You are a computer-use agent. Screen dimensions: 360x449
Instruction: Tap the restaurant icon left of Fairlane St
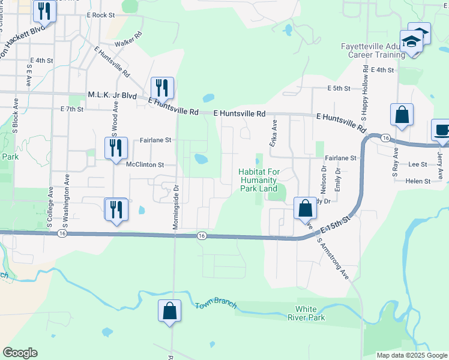116,148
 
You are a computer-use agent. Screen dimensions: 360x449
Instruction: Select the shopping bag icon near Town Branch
169,311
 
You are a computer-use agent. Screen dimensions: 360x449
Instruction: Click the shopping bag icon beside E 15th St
305,208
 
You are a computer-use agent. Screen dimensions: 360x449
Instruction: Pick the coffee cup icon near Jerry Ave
441,130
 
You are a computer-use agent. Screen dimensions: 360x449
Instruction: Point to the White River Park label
306,313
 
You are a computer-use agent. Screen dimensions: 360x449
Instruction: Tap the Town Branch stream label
215,305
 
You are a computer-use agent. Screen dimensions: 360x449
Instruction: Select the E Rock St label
100,14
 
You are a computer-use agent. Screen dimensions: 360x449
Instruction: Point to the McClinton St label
145,164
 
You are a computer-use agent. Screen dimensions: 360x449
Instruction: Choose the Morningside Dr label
176,197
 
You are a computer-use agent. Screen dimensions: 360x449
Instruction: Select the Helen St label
418,181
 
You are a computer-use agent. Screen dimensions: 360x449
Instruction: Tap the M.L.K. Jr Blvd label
112,95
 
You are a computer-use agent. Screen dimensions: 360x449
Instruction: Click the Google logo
20,353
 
